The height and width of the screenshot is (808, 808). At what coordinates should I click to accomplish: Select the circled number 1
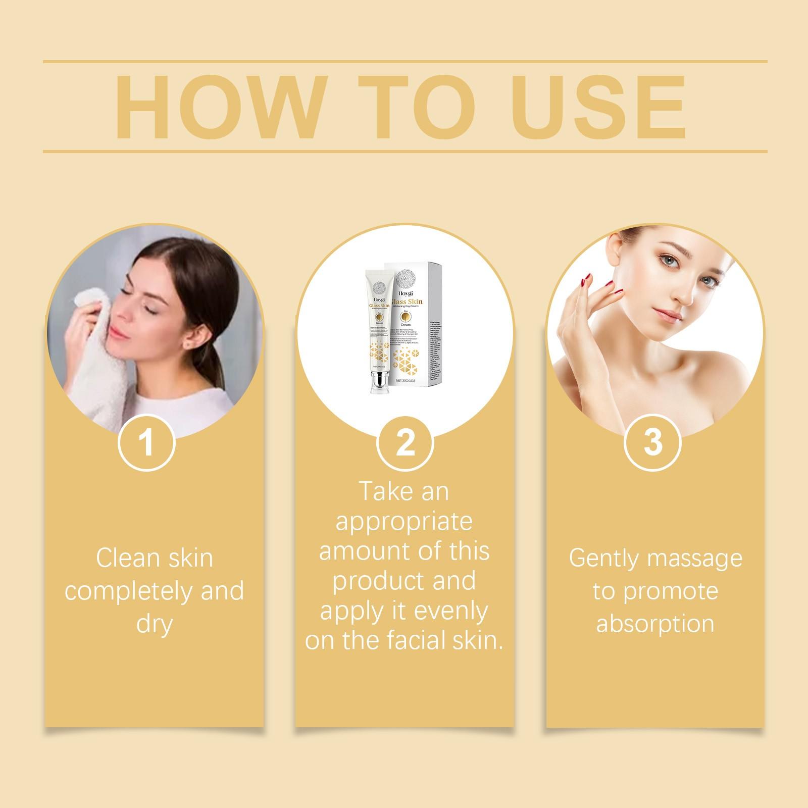coord(146,442)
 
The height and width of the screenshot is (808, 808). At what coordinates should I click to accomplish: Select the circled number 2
coord(405,442)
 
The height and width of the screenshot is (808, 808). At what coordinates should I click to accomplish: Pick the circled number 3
coord(652,442)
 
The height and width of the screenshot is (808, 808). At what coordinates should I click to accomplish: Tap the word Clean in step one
coord(126,559)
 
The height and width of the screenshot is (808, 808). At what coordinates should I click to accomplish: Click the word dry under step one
coord(155,624)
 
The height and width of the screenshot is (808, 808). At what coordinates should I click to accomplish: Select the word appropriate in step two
coord(404,521)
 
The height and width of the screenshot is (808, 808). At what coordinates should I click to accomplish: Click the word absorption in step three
coord(655,623)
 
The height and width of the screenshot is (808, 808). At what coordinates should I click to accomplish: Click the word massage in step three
coord(695,559)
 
